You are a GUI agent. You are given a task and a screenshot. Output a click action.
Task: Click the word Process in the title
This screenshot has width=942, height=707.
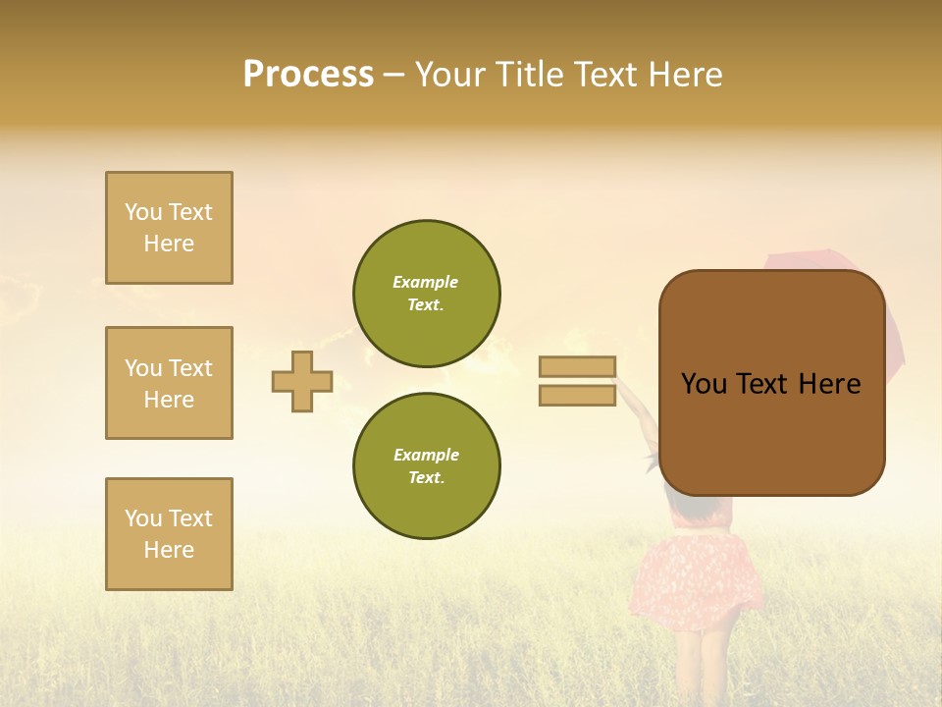(308, 75)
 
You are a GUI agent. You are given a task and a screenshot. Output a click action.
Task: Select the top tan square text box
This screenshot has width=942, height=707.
(169, 228)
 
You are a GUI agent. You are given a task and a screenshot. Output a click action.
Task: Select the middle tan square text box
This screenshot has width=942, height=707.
(169, 383)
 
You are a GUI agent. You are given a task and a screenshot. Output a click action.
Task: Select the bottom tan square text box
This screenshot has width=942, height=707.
(169, 534)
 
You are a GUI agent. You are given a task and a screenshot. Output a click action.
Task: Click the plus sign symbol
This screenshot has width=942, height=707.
(302, 381)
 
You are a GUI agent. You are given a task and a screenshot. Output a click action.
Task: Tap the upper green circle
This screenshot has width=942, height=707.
(427, 294)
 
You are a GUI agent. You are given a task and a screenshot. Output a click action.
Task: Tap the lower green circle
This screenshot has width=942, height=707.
(427, 466)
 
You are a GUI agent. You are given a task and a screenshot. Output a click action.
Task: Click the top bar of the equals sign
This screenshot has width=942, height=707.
(577, 366)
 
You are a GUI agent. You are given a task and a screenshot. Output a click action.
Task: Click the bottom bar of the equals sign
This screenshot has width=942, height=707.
(577, 396)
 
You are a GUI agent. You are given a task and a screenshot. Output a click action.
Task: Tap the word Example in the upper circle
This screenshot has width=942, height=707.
(426, 282)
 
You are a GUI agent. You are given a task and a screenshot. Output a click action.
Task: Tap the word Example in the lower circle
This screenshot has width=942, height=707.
(426, 455)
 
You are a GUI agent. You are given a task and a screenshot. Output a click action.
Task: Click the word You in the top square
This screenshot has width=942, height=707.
(142, 212)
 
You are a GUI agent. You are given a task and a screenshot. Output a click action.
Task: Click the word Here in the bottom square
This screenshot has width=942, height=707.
(169, 550)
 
